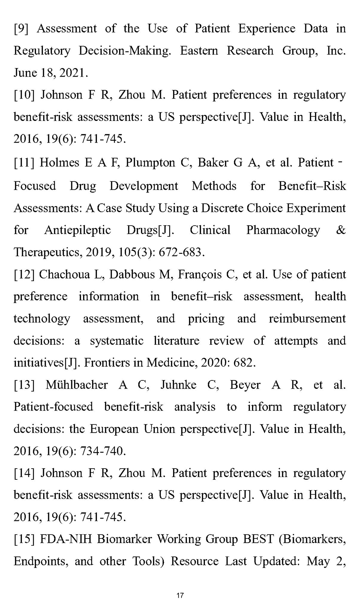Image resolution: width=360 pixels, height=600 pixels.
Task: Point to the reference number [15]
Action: [24, 539]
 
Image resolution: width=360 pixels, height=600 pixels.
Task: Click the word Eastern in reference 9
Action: [199, 51]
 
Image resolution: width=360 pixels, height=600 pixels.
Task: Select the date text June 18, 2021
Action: [50, 73]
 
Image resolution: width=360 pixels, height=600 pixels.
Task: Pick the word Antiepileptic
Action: [78, 230]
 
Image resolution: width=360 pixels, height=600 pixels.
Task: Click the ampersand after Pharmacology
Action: [340, 230]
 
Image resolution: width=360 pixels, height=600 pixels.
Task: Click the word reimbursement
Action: [307, 319]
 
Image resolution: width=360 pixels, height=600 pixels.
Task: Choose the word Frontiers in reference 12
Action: [107, 363]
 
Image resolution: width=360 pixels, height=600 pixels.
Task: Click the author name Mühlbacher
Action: [77, 385]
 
